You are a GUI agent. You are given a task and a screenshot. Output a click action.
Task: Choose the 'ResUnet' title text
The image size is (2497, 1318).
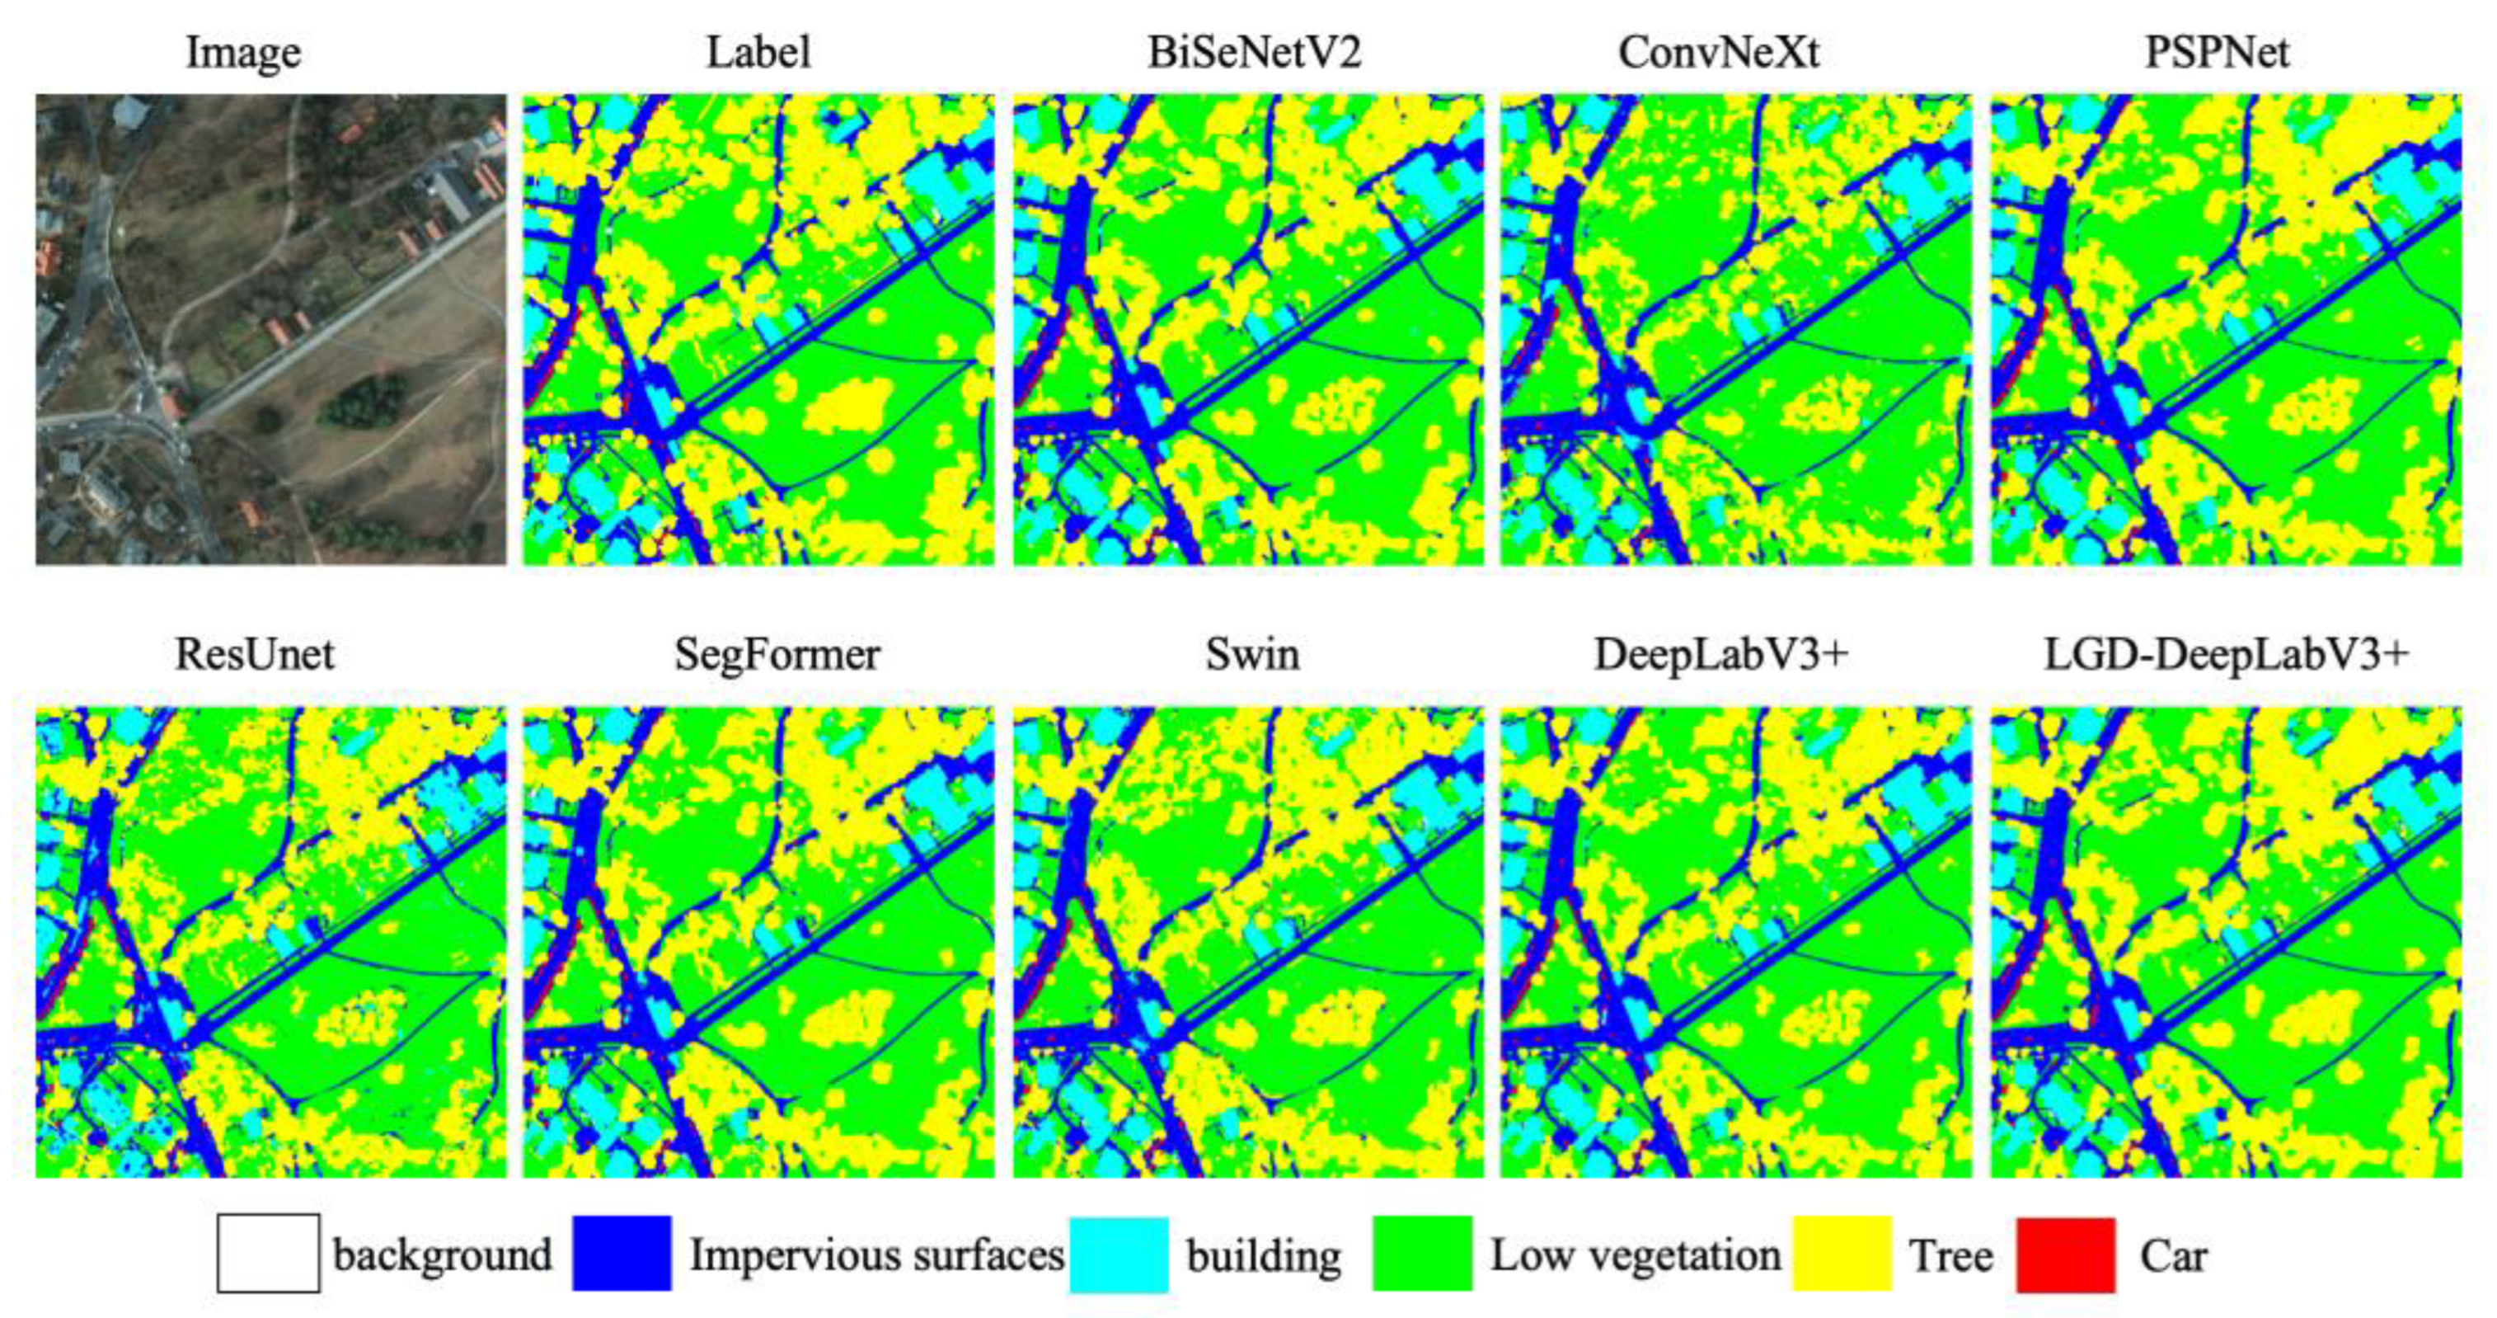pyautogui.click(x=255, y=655)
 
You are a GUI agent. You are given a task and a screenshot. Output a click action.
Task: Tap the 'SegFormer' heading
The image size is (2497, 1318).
pyautogui.click(x=777, y=655)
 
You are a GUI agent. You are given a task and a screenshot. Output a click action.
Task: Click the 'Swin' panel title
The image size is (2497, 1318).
pyautogui.click(x=1252, y=655)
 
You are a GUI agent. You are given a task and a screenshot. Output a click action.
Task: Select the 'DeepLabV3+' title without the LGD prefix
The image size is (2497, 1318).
pyautogui.click(x=1721, y=655)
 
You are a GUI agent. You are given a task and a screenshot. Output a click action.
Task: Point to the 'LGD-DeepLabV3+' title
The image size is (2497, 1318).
pyautogui.click(x=2226, y=655)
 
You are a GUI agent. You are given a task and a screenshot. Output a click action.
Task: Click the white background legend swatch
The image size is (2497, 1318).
pyautogui.click(x=269, y=1253)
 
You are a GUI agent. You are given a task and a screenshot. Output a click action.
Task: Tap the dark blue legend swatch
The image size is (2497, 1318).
pyautogui.click(x=622, y=1253)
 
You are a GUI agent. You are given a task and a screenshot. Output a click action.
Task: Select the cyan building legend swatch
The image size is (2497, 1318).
pyautogui.click(x=1119, y=1254)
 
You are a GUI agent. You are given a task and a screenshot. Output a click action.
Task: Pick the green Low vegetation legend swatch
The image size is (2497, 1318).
pyautogui.click(x=1422, y=1253)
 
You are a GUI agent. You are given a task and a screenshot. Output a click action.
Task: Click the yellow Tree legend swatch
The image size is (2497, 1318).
pyautogui.click(x=1842, y=1253)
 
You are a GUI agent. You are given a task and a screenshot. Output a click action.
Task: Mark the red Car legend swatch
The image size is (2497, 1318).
pyautogui.click(x=2066, y=1254)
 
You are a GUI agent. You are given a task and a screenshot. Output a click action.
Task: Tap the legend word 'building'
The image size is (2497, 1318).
pyautogui.click(x=1263, y=1257)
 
